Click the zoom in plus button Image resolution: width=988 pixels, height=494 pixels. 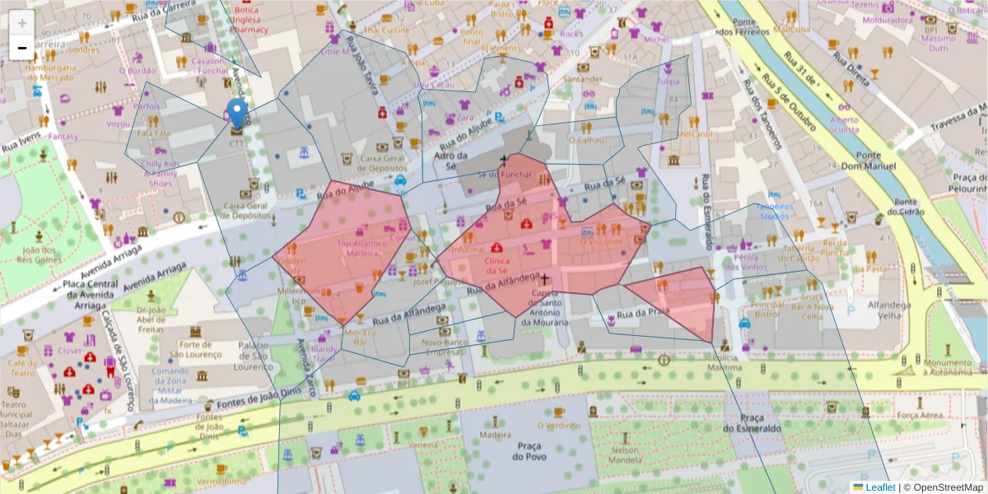coord(22,24)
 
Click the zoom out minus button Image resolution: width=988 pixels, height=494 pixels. coord(22,48)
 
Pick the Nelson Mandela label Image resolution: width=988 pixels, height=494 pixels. coord(625,455)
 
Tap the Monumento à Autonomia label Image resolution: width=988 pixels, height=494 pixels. coord(947,367)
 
